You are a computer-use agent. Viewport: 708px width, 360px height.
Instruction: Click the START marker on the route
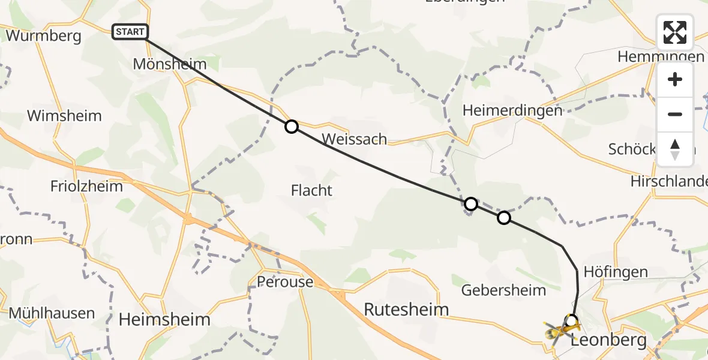130,32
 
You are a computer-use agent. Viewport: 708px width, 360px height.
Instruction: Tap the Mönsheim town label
169,64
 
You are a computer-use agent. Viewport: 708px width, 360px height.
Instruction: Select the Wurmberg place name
43,35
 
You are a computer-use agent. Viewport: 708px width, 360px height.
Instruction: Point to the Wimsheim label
64,115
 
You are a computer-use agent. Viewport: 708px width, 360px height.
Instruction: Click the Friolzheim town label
87,186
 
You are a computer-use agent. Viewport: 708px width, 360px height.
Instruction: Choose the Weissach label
354,139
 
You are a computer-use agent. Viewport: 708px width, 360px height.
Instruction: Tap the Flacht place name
311,191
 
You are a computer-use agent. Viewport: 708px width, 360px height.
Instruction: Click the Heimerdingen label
512,110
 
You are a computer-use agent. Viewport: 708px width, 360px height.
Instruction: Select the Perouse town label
285,281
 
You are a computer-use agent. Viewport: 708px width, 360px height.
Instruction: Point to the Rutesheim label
407,310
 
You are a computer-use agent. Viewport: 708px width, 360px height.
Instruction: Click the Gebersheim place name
504,290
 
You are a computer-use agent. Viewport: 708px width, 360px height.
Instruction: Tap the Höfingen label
616,272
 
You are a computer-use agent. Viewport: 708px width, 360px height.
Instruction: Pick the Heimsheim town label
164,319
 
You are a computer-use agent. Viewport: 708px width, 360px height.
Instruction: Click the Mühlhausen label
52,313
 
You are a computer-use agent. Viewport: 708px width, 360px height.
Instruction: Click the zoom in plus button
675,80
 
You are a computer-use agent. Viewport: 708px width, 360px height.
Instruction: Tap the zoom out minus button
675,114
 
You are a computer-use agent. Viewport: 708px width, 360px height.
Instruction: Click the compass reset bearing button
675,149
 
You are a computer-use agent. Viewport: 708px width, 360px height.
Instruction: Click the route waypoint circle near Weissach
291,127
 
